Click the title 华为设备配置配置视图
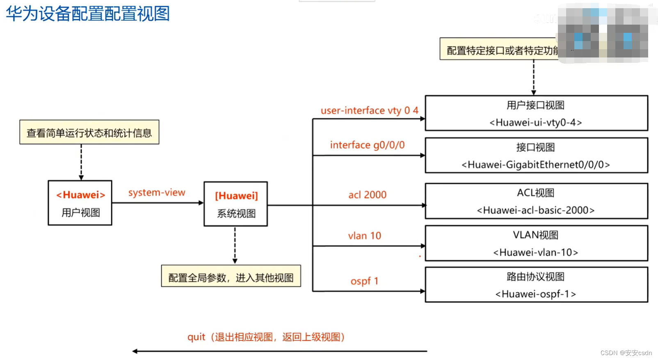point(88,14)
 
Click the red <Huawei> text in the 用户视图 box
point(81,195)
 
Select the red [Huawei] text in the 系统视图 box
point(236,196)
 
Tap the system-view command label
point(157,193)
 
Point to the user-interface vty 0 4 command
point(369,110)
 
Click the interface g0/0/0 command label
point(367,145)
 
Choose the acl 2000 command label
point(367,195)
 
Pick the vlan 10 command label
point(364,236)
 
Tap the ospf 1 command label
point(364,281)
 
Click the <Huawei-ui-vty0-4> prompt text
point(535,122)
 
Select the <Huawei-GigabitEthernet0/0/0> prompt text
point(535,165)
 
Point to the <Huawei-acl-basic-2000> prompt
point(535,210)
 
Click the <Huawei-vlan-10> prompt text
point(535,252)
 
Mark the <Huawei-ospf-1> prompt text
point(535,294)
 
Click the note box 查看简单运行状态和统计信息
point(89,133)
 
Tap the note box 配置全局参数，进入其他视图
point(231,277)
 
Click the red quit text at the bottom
point(196,337)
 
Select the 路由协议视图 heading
point(535,277)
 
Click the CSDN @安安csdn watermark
point(626,353)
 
